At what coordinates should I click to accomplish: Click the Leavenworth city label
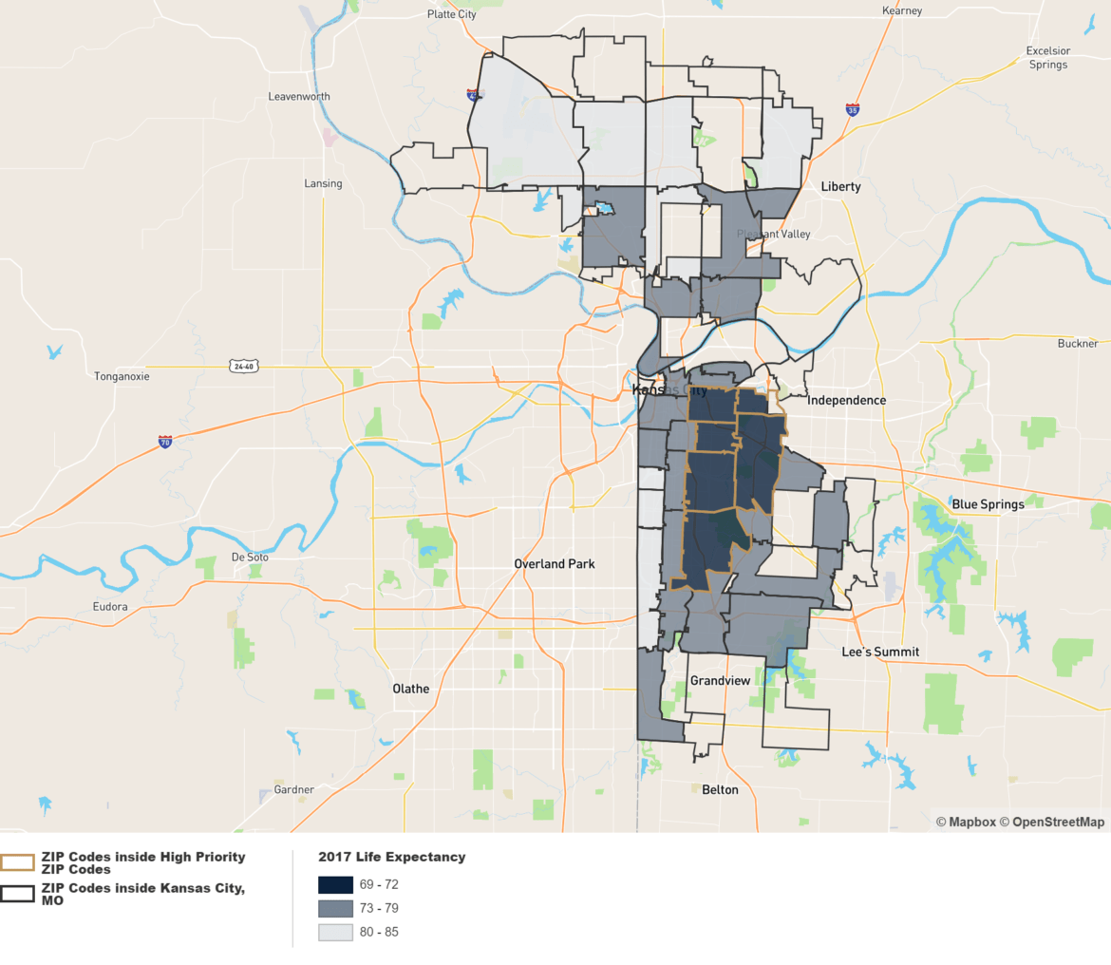tap(299, 97)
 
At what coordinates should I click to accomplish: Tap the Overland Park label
tap(554, 563)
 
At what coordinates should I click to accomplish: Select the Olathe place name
tap(411, 689)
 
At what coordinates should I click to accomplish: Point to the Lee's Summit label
tap(880, 652)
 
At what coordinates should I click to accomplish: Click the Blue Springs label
tap(989, 504)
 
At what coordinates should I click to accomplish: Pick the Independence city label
tap(846, 400)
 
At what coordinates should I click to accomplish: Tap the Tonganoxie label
tap(122, 376)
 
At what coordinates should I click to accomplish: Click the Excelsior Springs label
tap(1047, 58)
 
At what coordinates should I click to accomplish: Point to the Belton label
tap(720, 789)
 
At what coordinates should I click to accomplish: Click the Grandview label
tap(720, 681)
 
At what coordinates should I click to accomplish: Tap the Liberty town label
tap(840, 186)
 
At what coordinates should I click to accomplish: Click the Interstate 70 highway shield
tap(165, 442)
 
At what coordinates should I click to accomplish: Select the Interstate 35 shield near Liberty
tap(853, 110)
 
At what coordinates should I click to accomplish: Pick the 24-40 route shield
tap(243, 366)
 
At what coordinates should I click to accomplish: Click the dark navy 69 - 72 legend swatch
tap(335, 884)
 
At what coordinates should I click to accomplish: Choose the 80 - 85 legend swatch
tap(335, 932)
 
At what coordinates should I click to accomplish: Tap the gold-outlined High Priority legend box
tap(18, 862)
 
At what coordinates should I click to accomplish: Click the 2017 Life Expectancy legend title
tap(391, 857)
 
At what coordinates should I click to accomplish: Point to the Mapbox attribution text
tap(966, 822)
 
